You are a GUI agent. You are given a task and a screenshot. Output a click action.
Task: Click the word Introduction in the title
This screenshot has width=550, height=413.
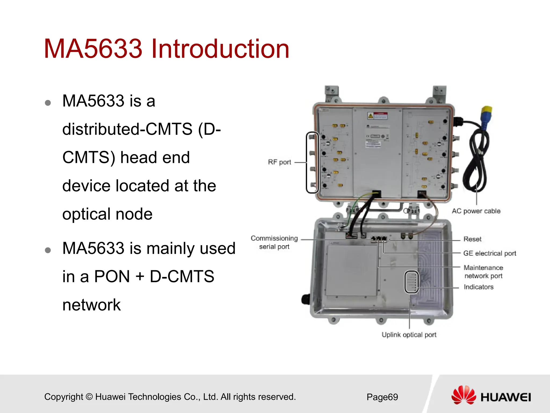tap(220, 49)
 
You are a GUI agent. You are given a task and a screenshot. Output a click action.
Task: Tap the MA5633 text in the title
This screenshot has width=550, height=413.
tap(93, 49)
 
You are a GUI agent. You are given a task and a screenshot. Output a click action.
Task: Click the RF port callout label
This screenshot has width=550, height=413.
tap(279, 162)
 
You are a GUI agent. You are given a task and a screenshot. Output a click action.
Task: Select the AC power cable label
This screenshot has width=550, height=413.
tap(476, 211)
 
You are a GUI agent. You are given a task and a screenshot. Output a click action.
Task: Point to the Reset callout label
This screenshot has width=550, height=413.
tap(472, 239)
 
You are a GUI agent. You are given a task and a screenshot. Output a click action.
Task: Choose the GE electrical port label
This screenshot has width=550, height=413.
tap(489, 253)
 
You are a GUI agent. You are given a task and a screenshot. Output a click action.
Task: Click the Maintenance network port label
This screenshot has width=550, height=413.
tap(483, 272)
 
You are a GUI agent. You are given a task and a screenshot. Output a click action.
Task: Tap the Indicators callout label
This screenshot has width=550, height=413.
tap(478, 287)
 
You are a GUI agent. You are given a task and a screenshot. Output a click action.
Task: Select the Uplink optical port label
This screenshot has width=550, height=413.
tap(409, 335)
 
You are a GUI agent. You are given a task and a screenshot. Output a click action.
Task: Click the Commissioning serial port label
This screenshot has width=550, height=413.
tap(274, 242)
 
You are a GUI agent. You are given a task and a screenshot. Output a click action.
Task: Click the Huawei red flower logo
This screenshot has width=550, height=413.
tap(463, 395)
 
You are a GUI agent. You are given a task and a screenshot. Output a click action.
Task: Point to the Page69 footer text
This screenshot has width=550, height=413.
tap(382, 397)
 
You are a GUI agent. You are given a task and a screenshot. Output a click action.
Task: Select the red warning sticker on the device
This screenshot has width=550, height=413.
tap(378, 116)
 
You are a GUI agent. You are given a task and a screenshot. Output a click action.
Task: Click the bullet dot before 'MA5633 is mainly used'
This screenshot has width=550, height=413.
tap(48, 250)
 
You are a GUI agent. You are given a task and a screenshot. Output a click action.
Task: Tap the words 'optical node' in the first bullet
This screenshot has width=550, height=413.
tap(107, 214)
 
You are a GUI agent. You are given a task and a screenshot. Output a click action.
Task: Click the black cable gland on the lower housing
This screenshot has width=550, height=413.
tap(305, 299)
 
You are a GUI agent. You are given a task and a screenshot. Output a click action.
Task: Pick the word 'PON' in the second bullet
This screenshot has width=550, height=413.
tap(112, 276)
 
